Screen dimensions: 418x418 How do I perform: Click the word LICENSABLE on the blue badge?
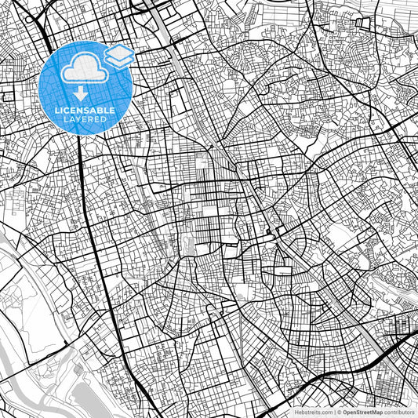[85, 111]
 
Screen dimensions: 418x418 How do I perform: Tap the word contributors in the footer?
[400, 411]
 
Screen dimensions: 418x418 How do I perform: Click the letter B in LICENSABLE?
[100, 111]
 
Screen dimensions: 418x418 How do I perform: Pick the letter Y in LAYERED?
[78, 120]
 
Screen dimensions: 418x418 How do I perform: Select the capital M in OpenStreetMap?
[376, 411]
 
